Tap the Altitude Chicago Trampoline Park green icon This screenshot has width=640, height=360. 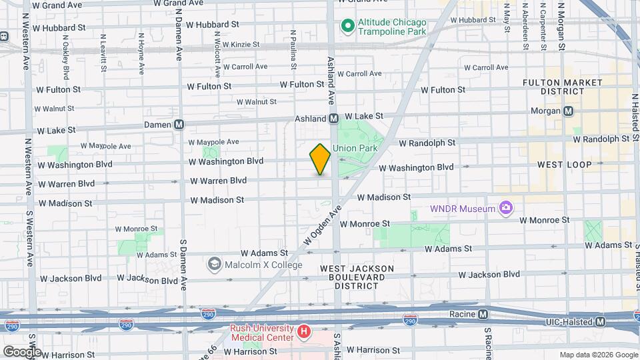tap(347, 26)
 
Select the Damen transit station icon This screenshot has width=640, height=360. tap(179, 124)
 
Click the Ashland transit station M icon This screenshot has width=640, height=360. tap(333, 119)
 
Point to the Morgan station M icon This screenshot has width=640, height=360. tap(569, 111)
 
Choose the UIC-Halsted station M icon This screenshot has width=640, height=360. tap(601, 321)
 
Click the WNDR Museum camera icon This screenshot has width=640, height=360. tap(506, 209)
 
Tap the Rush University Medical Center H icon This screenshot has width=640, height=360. tap(304, 331)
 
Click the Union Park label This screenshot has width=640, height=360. tap(361, 148)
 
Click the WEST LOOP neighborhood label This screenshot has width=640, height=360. tap(563, 164)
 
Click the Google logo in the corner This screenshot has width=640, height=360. tap(21, 351)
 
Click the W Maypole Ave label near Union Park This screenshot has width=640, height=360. tap(213, 141)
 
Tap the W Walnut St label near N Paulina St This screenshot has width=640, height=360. tap(256, 102)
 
